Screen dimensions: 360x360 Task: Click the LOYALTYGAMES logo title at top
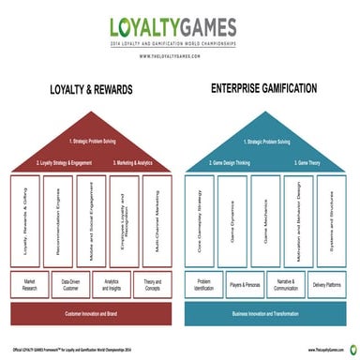(179, 28)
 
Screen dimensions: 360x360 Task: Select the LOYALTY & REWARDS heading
(91, 92)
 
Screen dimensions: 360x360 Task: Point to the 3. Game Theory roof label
(317, 163)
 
